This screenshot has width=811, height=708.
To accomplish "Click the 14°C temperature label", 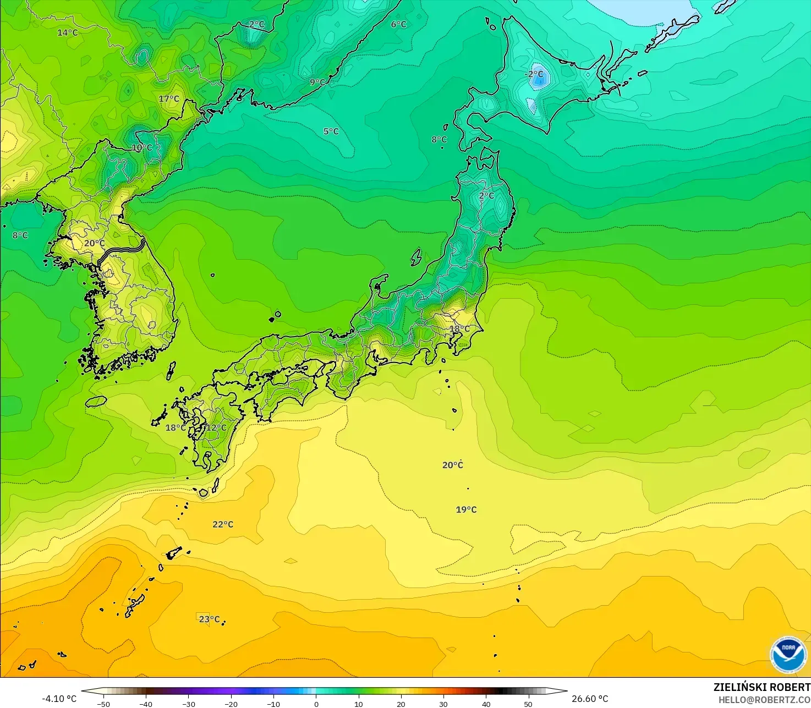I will (68, 32).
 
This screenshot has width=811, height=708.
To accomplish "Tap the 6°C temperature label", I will (398, 24).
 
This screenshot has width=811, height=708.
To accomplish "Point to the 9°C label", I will (317, 82).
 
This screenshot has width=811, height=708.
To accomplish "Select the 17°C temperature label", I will (169, 98).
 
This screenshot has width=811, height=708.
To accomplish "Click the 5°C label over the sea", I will (331, 131).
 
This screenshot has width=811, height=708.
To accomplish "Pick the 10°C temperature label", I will (141, 147).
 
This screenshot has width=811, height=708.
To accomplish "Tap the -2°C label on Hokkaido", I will (534, 74).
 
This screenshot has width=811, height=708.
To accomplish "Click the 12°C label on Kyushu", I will (216, 427).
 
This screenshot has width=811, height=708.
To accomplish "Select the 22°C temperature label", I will (223, 524).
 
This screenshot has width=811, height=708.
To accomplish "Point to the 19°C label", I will (466, 509).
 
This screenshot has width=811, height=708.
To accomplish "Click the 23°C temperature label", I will (209, 619).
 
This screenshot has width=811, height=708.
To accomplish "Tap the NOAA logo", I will (788, 654).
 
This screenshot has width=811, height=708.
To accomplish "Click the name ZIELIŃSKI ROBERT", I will (761, 687).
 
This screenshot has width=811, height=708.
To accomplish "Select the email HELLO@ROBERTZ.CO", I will (764, 700).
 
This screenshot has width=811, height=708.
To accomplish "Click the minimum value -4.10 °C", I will (59, 699).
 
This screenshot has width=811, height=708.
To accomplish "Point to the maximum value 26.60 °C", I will (590, 699).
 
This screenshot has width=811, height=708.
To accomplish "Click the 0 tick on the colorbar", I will (316, 704).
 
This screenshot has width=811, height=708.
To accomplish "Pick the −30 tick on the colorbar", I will (188, 704).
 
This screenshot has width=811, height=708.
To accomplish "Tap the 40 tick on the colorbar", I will (486, 704).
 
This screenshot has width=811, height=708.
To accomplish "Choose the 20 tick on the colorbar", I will (401, 704).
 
